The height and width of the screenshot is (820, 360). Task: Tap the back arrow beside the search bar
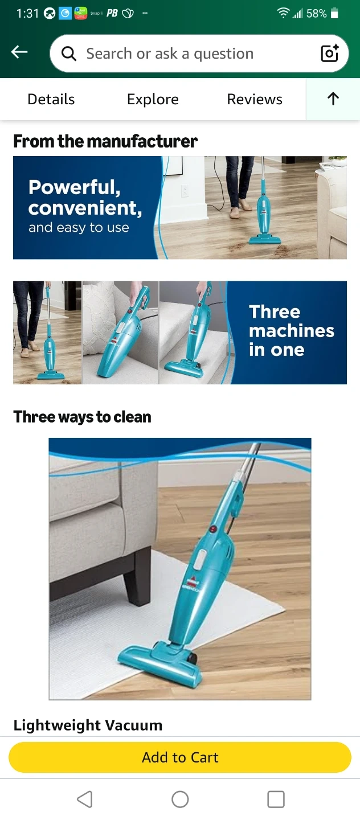[x=19, y=52]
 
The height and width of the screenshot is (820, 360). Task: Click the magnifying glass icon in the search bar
[x=68, y=54]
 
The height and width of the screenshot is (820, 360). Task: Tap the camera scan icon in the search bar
[x=330, y=54]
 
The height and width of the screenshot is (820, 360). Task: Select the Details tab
[x=51, y=99]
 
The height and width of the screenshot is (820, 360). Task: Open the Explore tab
[x=153, y=99]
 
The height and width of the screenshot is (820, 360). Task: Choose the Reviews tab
[x=255, y=99]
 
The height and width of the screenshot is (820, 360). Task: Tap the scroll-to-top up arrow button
[x=333, y=99]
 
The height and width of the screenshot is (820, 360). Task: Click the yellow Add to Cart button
[x=180, y=757]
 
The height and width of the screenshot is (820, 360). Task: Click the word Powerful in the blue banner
[x=75, y=187]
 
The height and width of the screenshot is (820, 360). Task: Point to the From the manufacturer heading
[x=105, y=141]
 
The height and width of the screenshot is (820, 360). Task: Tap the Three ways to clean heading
[x=82, y=417]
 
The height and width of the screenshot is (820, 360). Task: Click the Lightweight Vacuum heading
[x=88, y=725]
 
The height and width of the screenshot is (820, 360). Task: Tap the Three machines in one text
[x=292, y=330]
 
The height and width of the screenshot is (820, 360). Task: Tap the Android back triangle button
[x=85, y=799]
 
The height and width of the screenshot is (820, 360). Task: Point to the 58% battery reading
[x=316, y=14]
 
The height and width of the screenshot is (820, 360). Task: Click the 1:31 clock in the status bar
[x=27, y=14]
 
